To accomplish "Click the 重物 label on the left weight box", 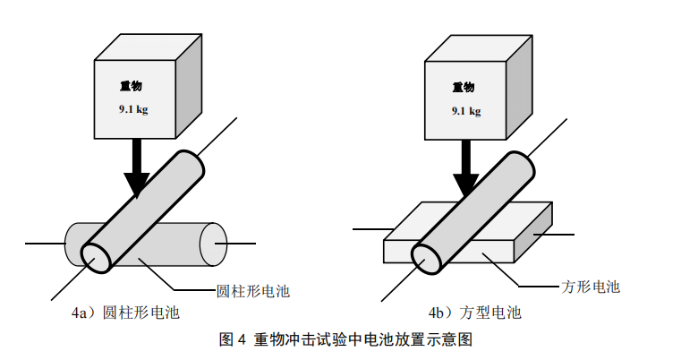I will click(131, 87).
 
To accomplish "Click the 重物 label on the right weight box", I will click(463, 87).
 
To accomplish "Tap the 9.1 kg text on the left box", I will click(132, 110).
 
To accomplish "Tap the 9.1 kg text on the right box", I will click(465, 110).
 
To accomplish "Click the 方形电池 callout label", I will click(590, 287).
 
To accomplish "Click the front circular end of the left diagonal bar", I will click(96, 257).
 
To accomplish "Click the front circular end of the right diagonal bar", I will click(427, 257).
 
